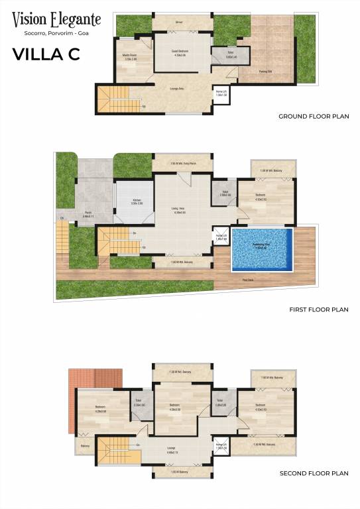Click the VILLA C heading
click(46, 55)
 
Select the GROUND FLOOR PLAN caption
click(314, 116)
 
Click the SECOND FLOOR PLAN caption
click(314, 473)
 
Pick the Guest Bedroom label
click(180, 52)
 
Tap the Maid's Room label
click(130, 57)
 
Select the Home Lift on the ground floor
click(221, 93)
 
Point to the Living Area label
click(178, 211)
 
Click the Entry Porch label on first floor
click(183, 164)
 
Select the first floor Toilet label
click(225, 194)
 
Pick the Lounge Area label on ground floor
click(176, 87)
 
